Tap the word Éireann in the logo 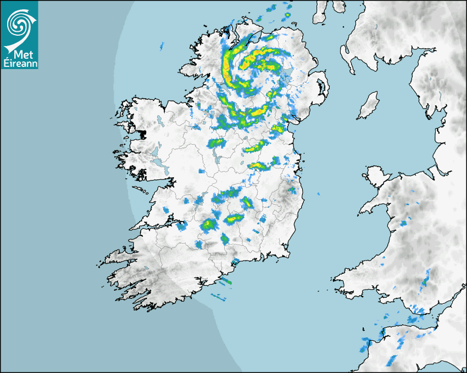click(x=20, y=63)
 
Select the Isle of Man click(x=369, y=106)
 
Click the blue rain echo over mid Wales click(x=404, y=223)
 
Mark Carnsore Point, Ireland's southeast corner click(x=288, y=254)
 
